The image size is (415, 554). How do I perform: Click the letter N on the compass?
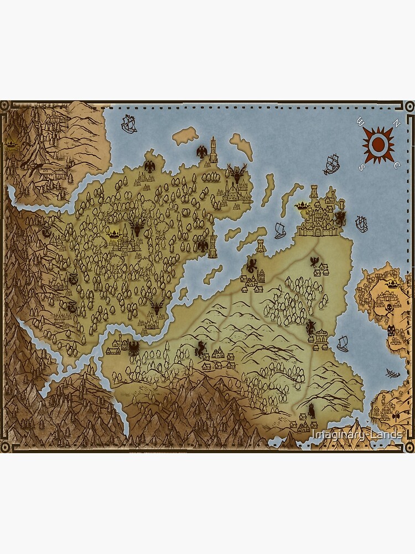pos(395,124)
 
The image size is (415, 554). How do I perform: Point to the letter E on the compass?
pos(397,165)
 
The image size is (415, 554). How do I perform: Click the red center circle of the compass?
pos(378,144)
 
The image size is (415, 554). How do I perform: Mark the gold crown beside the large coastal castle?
pos(302,206)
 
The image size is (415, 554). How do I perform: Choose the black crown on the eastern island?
pos(392,284)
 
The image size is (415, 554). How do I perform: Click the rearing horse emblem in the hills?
pos(201,348)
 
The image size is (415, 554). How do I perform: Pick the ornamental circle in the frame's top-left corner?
pos(5,105)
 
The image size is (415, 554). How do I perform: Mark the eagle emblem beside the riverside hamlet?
pos(133,347)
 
